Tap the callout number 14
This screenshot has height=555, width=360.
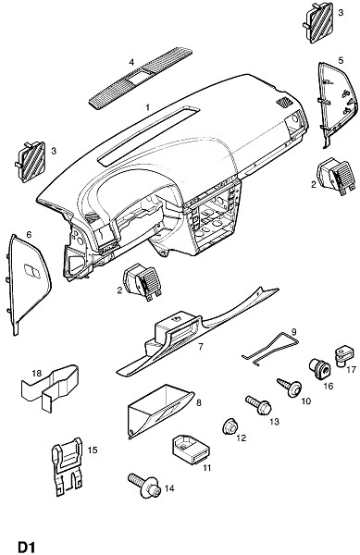coord(169,488)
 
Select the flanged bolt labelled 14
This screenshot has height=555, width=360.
coord(144,486)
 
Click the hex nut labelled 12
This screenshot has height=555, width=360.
coord(230,428)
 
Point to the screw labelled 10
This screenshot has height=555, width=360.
coord(290,388)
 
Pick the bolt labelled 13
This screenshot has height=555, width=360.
coord(259,405)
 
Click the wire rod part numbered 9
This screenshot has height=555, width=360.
coord(271,350)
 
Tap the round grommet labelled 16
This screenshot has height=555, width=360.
coord(319,369)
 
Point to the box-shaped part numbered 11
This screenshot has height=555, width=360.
coord(191,450)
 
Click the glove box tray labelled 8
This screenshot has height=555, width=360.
coord(160,411)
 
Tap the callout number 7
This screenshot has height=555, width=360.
coord(201,346)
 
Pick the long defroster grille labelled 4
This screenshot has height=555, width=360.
coord(140,78)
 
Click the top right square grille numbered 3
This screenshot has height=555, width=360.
coord(318,22)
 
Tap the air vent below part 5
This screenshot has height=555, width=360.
coord(337,176)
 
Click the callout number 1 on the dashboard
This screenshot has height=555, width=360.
coord(148,107)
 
